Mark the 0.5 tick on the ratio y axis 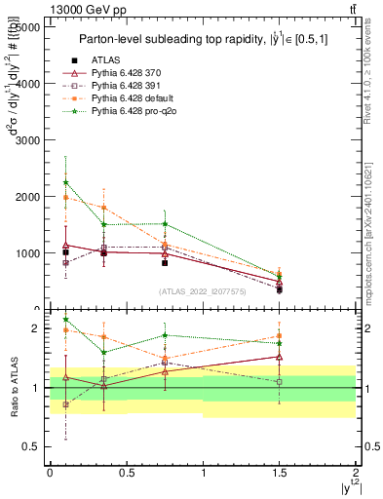point(32,446)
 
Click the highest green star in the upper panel point(65,182)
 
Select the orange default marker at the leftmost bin point(65,198)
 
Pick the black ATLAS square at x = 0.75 point(165,262)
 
